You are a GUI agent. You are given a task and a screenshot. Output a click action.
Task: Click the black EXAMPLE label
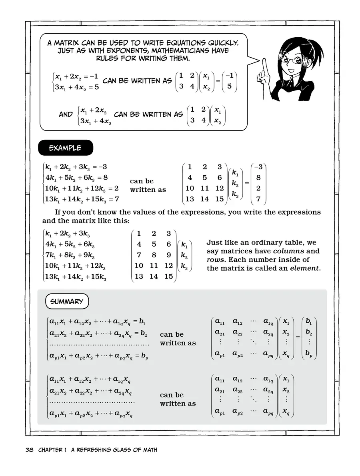[65, 148]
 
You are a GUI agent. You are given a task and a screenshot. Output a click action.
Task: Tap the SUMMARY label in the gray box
[67, 301]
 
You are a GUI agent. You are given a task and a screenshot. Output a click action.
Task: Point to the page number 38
[30, 450]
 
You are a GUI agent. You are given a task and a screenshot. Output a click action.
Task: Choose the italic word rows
[216, 260]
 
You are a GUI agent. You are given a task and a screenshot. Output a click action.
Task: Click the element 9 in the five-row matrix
[168, 255]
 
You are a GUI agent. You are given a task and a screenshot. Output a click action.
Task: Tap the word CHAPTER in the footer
[50, 450]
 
